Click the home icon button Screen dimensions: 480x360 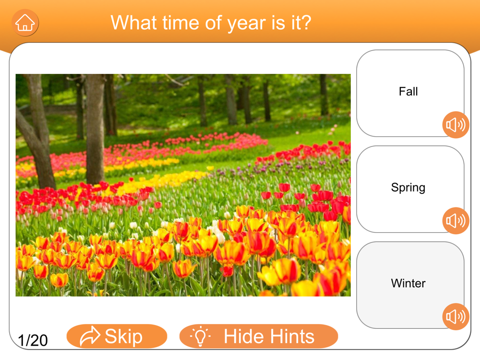point(25,23)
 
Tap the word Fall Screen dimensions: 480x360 point(408,92)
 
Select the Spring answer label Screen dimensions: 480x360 point(408,188)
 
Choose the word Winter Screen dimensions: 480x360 point(408,283)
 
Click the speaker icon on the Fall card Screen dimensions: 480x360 point(456,125)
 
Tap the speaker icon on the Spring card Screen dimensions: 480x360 point(456,221)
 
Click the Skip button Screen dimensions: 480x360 point(117,336)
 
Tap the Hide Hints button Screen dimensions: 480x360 point(259,336)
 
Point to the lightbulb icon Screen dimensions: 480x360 point(200,336)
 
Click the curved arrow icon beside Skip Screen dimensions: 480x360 point(89,336)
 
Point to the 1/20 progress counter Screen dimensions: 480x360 point(33,340)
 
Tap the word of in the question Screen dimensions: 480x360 point(214,23)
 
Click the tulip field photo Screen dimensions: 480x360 point(183,185)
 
